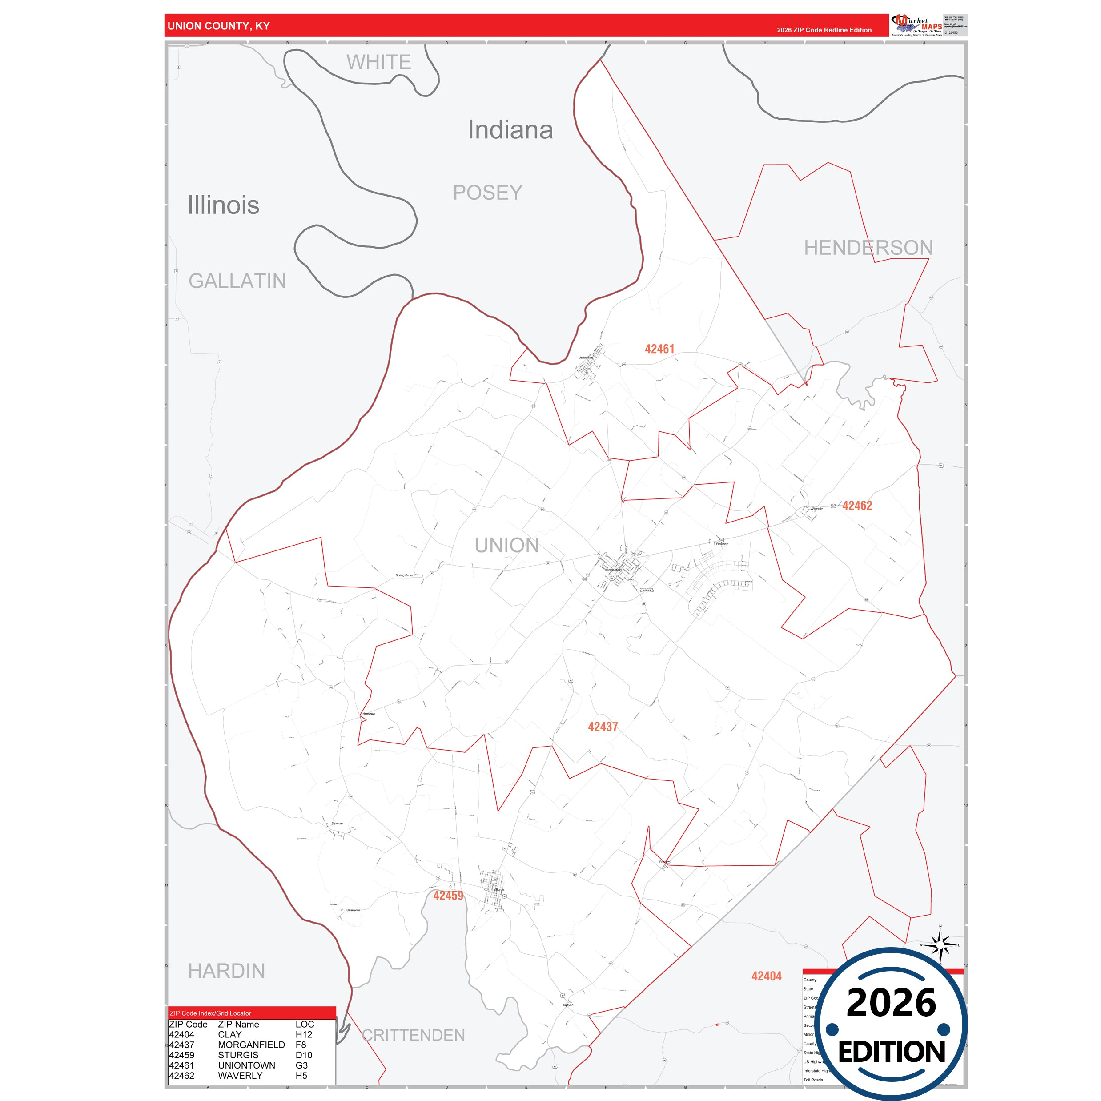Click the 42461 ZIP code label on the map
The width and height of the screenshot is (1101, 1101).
pos(659,349)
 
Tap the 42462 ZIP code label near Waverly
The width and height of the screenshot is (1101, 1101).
pos(857,506)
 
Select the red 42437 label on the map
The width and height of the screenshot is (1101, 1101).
pos(603,727)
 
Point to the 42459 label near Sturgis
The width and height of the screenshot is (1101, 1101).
pos(448,895)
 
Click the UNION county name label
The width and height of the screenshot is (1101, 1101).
pos(506,545)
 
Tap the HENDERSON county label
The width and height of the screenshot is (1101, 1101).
pos(868,247)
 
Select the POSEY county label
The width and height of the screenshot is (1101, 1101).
pos(487,193)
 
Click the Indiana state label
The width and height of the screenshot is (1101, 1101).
pos(510,130)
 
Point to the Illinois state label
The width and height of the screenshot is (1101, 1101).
pos(223,205)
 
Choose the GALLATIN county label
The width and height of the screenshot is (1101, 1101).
pos(237,281)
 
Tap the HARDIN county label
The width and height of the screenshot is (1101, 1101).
pos(226,971)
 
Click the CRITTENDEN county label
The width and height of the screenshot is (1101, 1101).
pos(413,1035)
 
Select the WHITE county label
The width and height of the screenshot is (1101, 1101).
pos(378,62)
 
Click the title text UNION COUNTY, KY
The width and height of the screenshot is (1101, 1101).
pos(219,26)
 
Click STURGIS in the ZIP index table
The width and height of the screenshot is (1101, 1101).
pos(238,1055)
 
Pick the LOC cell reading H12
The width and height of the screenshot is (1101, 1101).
pos(304,1034)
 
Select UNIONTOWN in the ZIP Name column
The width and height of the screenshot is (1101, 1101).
pos(246,1065)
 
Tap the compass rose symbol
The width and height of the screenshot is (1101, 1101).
pos(940,945)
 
